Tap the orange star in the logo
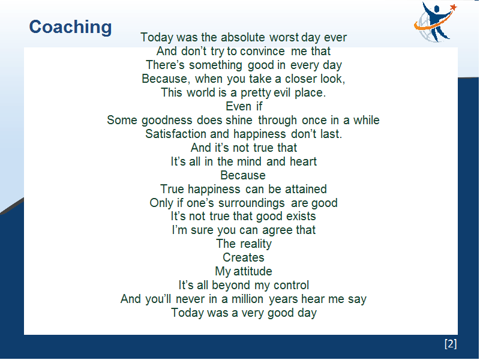click(x=454, y=7)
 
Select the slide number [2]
click(x=451, y=343)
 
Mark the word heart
click(x=304, y=161)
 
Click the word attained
click(x=306, y=189)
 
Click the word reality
click(x=256, y=244)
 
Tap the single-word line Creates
click(x=244, y=257)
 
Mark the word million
click(x=247, y=299)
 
